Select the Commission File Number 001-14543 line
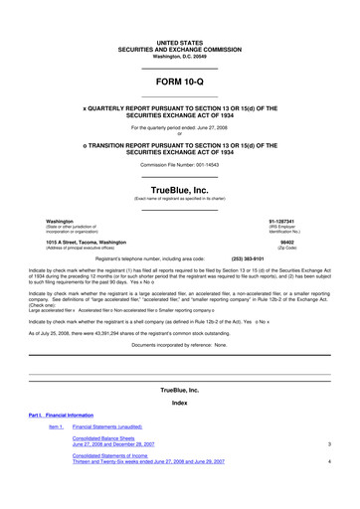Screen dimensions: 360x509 [179, 164]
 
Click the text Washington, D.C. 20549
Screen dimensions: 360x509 [179, 56]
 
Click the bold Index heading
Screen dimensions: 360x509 [179, 402]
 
